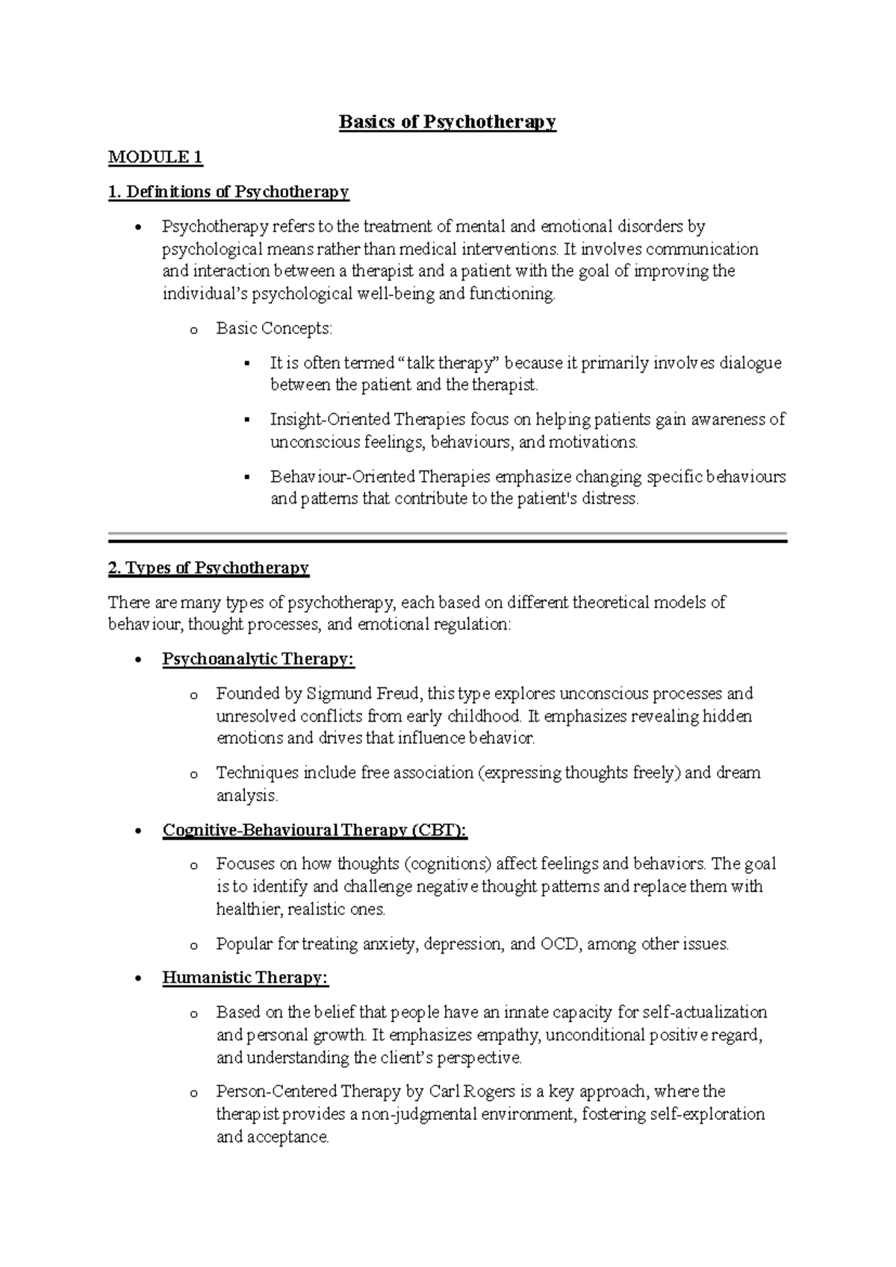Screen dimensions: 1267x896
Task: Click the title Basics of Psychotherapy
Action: tap(447, 122)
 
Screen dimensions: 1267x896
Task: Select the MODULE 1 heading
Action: tap(155, 157)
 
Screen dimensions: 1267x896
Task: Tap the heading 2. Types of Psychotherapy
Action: tap(208, 568)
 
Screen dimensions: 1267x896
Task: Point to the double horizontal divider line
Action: tap(447, 537)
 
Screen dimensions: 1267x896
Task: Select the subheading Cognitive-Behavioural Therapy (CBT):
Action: tap(314, 830)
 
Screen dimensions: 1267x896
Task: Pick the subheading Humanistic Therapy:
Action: tap(245, 978)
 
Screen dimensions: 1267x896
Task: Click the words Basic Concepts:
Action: tap(274, 328)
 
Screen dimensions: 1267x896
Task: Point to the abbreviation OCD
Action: tap(560, 944)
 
